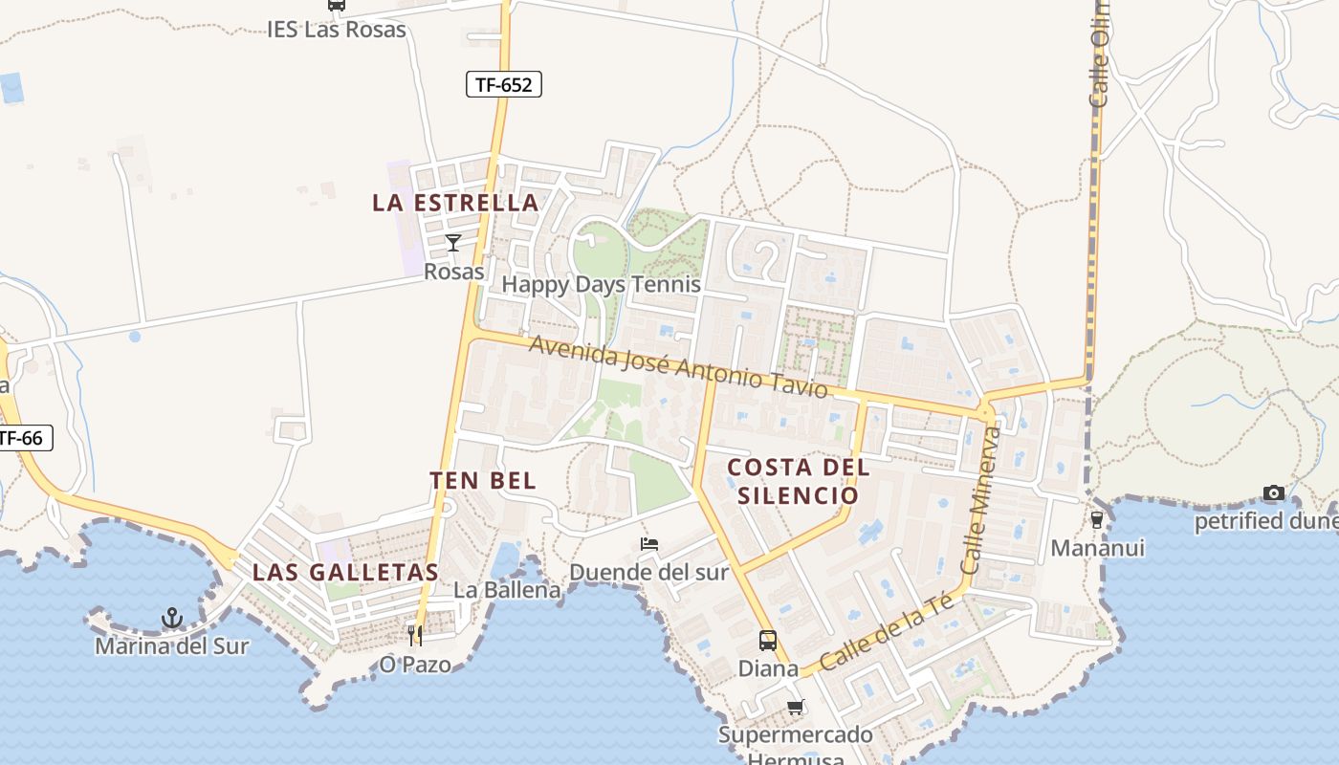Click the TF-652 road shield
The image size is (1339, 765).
click(504, 84)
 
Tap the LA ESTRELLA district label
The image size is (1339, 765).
click(455, 203)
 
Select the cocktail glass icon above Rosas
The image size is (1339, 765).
click(453, 242)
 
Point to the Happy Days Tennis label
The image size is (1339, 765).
click(601, 284)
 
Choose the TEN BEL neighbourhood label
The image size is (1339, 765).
click(483, 480)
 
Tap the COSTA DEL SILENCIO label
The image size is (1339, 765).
click(799, 481)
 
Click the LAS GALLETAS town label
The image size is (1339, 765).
click(345, 573)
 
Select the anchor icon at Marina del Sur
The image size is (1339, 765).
click(172, 618)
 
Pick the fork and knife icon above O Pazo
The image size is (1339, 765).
click(415, 635)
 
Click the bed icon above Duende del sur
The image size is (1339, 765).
click(649, 544)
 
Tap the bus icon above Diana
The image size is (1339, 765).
click(768, 640)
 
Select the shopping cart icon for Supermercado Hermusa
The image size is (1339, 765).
click(796, 708)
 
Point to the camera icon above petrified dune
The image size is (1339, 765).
click(1274, 492)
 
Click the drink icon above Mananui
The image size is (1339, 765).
click(1097, 519)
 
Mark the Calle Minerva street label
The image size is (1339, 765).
click(983, 500)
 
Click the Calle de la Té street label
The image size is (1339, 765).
click(887, 632)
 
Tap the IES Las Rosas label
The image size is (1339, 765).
click(337, 29)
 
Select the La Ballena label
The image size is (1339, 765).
click(507, 590)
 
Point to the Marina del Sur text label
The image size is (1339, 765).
click(172, 646)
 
